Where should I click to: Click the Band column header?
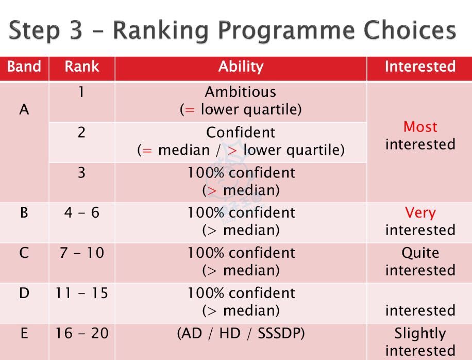pyautogui.click(x=24, y=67)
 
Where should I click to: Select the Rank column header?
pyautogui.click(x=81, y=67)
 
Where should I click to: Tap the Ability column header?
pyautogui.click(x=241, y=67)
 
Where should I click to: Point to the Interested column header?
pyautogui.click(x=420, y=67)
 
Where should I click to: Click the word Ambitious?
pyautogui.click(x=241, y=92)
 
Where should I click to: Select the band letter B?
pyautogui.click(x=24, y=212)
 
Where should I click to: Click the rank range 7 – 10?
pyautogui.click(x=82, y=252)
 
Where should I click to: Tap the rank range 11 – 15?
pyautogui.click(x=82, y=293)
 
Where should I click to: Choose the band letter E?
pyautogui.click(x=24, y=333)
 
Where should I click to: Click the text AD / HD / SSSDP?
pyautogui.click(x=241, y=334)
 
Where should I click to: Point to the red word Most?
pyautogui.click(x=420, y=127)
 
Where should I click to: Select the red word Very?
pyautogui.click(x=420, y=213)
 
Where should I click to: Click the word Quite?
pyautogui.click(x=420, y=253)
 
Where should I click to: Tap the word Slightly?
pyautogui.click(x=420, y=334)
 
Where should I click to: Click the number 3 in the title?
pyautogui.click(x=76, y=30)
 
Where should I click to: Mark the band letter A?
pyautogui.click(x=24, y=109)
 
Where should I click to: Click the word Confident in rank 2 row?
pyautogui.click(x=241, y=132)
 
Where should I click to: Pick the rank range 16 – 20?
pyautogui.click(x=82, y=333)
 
